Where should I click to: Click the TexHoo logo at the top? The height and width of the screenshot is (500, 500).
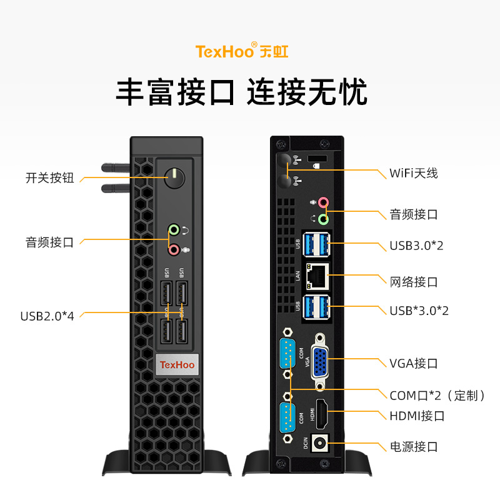coord(242,51)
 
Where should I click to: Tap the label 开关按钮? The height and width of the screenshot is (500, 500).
coord(50,178)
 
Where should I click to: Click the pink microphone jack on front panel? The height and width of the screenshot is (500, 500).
coord(174,249)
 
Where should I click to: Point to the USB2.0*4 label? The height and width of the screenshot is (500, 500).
coord(47,316)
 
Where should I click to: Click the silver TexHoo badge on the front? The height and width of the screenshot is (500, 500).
coord(177,364)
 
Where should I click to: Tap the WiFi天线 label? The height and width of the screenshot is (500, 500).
coord(413,173)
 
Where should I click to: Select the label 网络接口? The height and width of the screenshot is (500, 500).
coord(413,282)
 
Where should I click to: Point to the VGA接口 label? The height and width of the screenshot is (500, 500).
coord(413,363)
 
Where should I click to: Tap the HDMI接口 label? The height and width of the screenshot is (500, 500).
coord(417,416)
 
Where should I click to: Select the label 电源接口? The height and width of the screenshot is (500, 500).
coord(413,447)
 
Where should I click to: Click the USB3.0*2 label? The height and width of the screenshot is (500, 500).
coord(416,246)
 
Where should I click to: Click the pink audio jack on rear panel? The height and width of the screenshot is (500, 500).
coord(322,202)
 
